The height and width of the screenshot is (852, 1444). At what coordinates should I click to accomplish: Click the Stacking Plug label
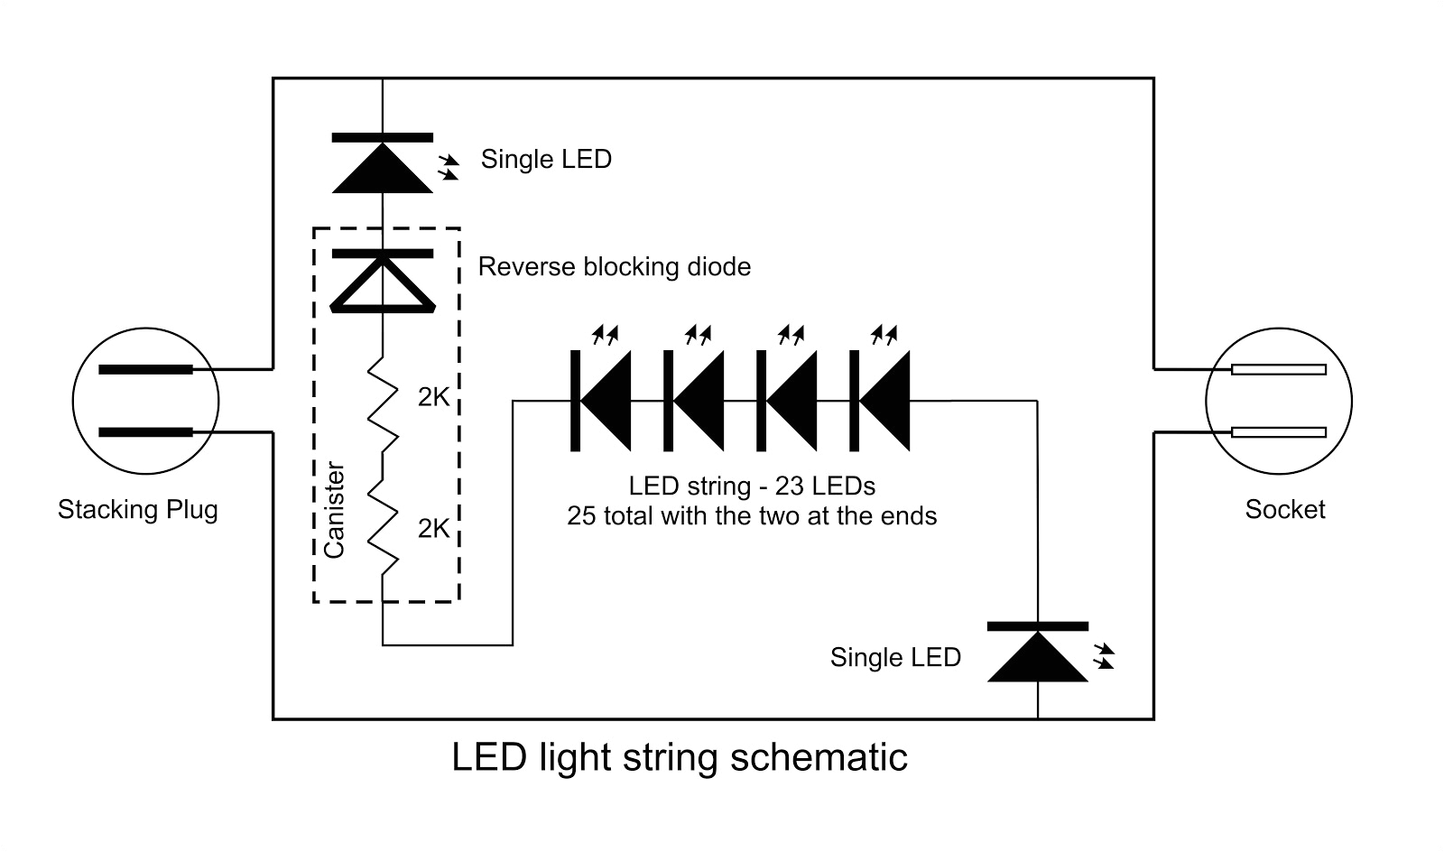pyautogui.click(x=138, y=510)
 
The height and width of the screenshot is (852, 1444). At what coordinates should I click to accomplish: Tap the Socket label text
pyautogui.click(x=1284, y=510)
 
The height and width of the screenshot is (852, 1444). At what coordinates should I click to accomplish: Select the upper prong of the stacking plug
pyautogui.click(x=145, y=369)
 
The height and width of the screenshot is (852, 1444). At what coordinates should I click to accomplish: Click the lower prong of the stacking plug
pyautogui.click(x=145, y=432)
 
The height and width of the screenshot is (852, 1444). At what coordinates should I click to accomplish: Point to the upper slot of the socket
pyautogui.click(x=1279, y=369)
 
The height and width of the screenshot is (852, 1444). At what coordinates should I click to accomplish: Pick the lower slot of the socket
pyautogui.click(x=1279, y=432)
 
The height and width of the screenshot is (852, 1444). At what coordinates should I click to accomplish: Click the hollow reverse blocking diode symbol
pyautogui.click(x=383, y=282)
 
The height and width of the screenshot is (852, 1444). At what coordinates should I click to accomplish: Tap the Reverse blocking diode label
pyautogui.click(x=614, y=267)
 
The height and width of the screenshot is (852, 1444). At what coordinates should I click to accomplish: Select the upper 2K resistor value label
pyautogui.click(x=433, y=398)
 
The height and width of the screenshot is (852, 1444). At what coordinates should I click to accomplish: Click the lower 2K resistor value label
pyautogui.click(x=433, y=529)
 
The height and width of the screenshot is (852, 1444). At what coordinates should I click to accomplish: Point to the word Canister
pyautogui.click(x=334, y=511)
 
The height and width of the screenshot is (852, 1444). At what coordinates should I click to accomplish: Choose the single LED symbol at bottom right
pyautogui.click(x=1038, y=654)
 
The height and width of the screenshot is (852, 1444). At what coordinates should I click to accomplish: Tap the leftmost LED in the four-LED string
pyautogui.click(x=602, y=401)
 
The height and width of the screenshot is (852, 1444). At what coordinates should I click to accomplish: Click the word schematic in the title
pyautogui.click(x=818, y=757)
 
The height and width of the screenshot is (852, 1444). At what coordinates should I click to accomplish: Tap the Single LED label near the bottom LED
pyautogui.click(x=895, y=658)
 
